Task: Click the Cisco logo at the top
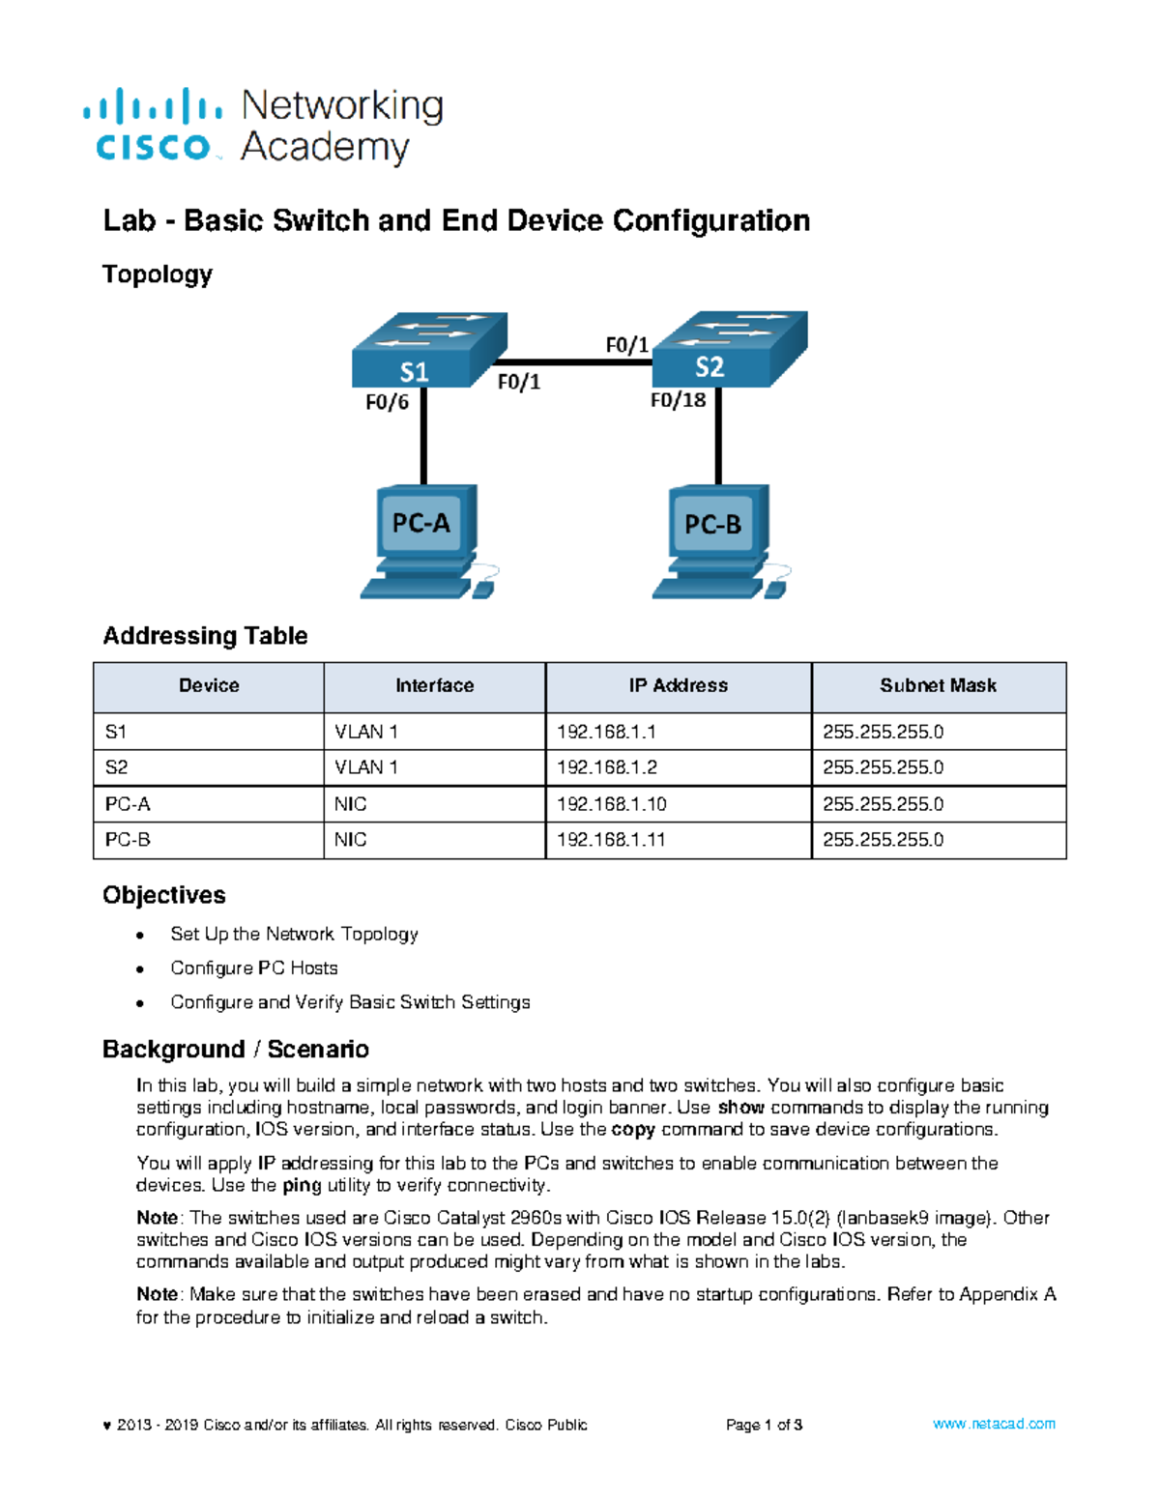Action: click(153, 126)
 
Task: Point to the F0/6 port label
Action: click(387, 402)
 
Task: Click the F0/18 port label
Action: click(678, 400)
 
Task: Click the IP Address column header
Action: click(678, 686)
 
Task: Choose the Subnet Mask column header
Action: click(938, 686)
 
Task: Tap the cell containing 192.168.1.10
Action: click(611, 804)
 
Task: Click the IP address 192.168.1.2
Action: click(606, 767)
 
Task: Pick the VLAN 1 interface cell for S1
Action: click(365, 732)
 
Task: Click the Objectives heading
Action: click(163, 895)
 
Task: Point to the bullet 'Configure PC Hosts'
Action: click(253, 968)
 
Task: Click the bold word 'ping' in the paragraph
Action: click(301, 1186)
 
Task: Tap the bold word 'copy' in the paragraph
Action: click(633, 1130)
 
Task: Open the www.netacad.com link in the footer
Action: click(993, 1424)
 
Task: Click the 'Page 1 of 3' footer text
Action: click(764, 1425)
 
